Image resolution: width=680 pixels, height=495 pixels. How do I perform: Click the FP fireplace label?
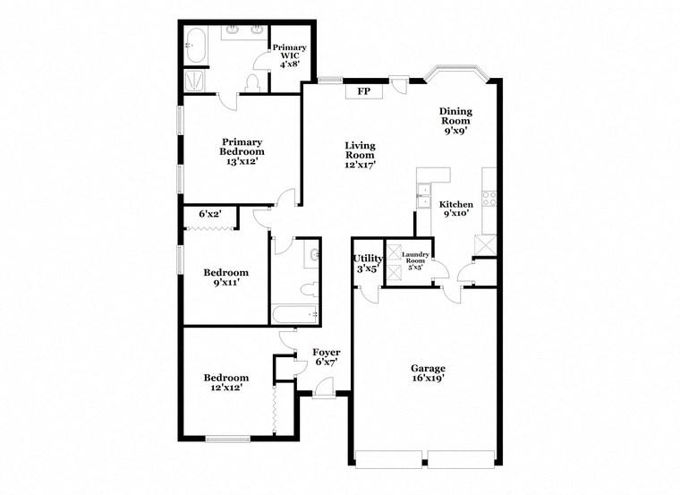click(x=363, y=91)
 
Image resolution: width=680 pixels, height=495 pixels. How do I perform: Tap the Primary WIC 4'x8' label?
click(x=290, y=55)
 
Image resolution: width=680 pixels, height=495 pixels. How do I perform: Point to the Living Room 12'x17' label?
click(x=361, y=155)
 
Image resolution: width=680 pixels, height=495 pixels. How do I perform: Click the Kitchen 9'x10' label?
click(x=456, y=209)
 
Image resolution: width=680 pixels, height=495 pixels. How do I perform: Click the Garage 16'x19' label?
click(x=428, y=372)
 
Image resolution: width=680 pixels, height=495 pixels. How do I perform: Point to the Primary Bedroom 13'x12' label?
click(x=242, y=151)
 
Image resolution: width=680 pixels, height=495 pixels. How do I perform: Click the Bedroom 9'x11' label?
click(x=225, y=277)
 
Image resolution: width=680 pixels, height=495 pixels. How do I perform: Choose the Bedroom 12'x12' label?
click(x=225, y=382)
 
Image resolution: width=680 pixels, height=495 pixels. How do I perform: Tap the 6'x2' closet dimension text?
click(x=209, y=214)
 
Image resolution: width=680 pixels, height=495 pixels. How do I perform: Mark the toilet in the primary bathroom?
click(x=251, y=84)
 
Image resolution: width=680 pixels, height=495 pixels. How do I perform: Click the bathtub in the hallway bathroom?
click(x=295, y=314)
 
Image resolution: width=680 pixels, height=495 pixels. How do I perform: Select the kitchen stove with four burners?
click(x=489, y=200)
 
